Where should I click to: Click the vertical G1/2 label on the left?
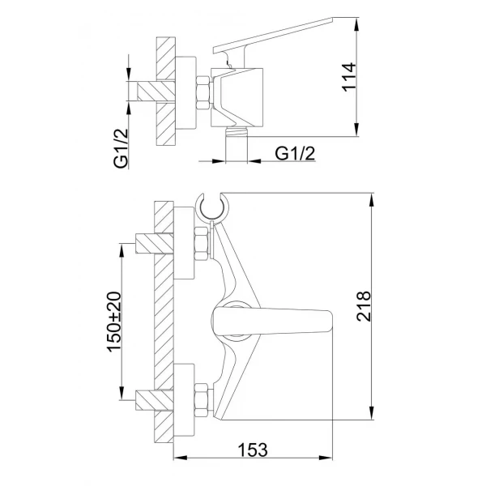(120, 147)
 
